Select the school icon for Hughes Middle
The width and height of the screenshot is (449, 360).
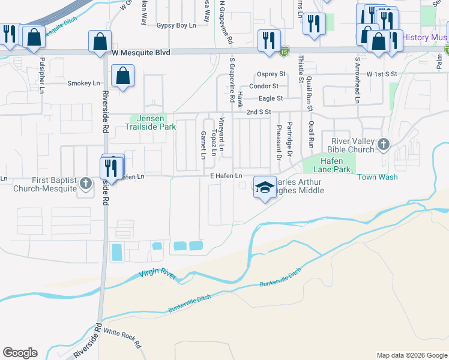tap(264, 187)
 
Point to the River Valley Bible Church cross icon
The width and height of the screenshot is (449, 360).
tap(384, 145)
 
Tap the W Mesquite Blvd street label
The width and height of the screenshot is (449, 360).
tap(142, 53)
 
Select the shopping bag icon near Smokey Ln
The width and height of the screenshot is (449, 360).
tap(122, 76)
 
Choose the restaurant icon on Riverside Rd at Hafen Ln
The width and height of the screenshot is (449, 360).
tap(111, 166)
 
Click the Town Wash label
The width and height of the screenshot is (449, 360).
tap(378, 178)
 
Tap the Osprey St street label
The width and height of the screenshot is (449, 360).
tap(271, 74)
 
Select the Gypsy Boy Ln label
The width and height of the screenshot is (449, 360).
tap(176, 26)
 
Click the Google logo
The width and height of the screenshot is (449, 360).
tap(20, 353)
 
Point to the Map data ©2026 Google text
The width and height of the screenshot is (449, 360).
tap(411, 355)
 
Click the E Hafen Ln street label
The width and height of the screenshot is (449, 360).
tap(226, 175)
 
